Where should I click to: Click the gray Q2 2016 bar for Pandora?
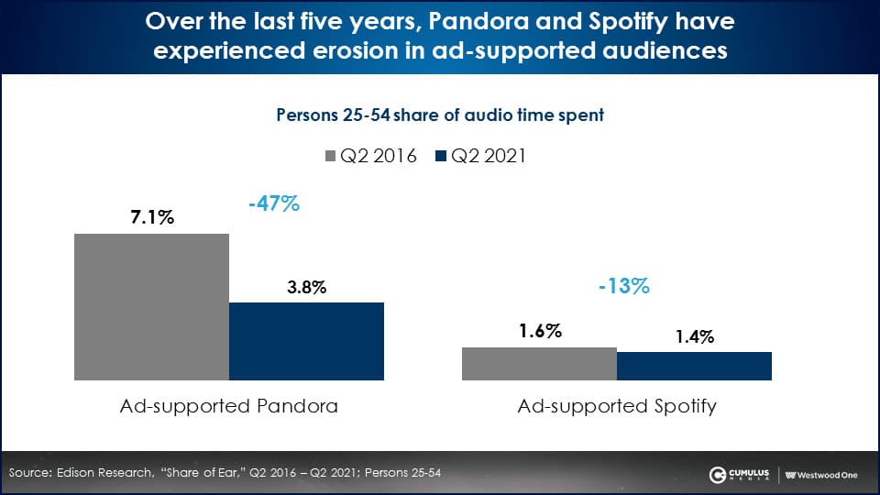click(x=151, y=306)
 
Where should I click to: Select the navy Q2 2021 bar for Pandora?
click(x=306, y=341)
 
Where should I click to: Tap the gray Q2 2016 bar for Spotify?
click(x=539, y=363)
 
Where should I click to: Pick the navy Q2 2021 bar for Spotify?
click(x=694, y=366)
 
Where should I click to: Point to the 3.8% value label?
click(x=306, y=287)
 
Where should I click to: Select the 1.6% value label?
click(x=539, y=332)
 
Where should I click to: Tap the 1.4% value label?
click(x=694, y=336)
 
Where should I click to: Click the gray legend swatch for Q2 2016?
click(x=332, y=156)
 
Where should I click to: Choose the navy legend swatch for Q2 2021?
click(x=441, y=156)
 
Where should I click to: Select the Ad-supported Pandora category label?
click(x=229, y=405)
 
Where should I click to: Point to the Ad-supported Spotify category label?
click(x=617, y=405)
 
